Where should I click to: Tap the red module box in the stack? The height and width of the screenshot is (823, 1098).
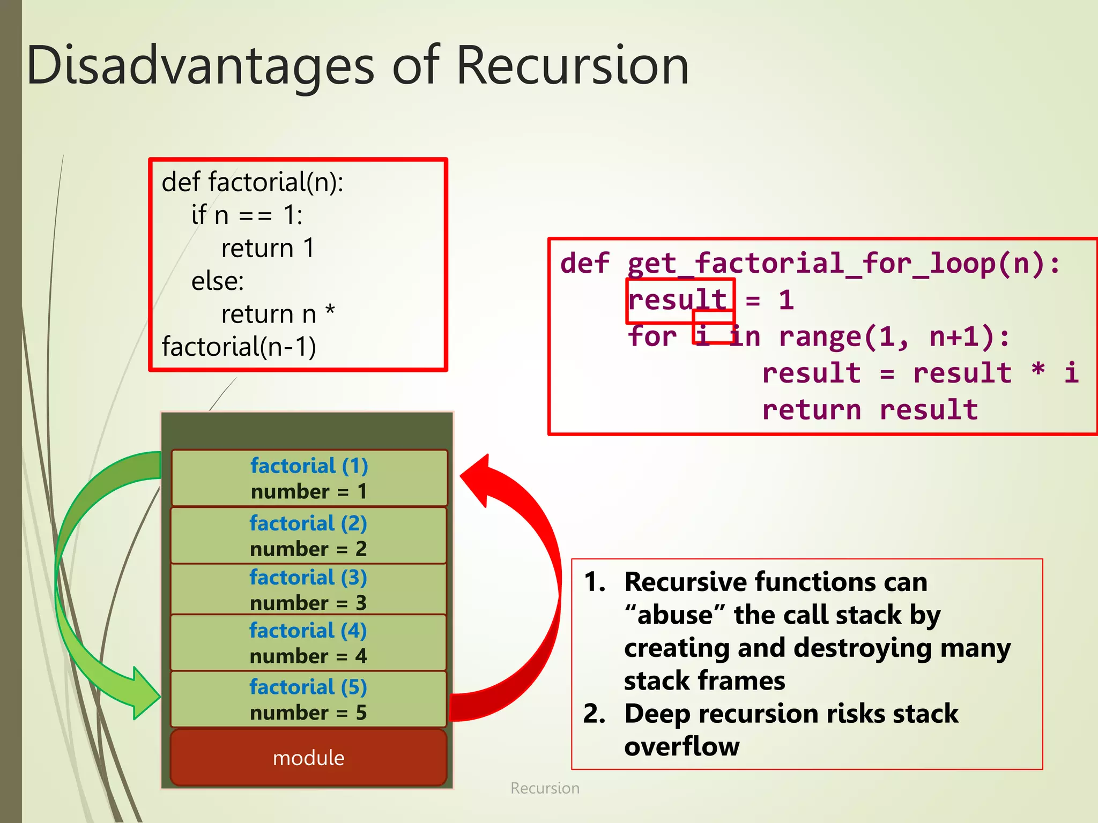[x=308, y=758]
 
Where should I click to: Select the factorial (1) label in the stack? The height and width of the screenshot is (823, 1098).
[x=309, y=466]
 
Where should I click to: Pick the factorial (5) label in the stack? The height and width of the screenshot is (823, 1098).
[x=308, y=687]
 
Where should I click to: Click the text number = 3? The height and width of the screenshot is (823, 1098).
[x=308, y=603]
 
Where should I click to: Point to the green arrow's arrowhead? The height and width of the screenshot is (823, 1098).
[x=144, y=694]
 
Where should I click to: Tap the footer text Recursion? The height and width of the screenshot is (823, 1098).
[x=545, y=788]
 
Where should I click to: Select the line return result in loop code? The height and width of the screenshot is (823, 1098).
[x=870, y=410]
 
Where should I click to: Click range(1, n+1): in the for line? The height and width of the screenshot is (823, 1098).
[x=894, y=337]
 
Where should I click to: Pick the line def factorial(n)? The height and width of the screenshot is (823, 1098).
[x=253, y=182]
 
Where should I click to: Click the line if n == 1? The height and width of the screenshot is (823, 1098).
[x=247, y=215]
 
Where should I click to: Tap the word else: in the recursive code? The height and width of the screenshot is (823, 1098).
[x=218, y=281]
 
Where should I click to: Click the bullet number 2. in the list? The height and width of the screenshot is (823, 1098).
[x=594, y=714]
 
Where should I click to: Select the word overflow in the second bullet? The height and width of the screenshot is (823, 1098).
[x=681, y=746]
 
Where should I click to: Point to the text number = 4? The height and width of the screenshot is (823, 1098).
[x=308, y=656]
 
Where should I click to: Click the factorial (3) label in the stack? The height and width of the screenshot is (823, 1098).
[x=308, y=578]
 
